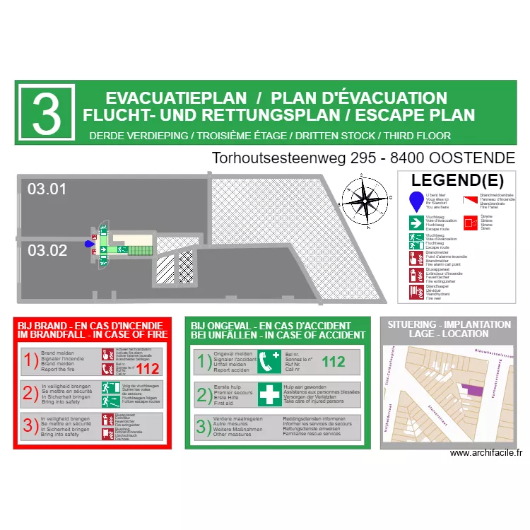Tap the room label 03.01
47,189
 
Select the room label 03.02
47,250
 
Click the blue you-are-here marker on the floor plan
89,244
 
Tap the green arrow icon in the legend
416,223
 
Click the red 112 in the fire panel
148,368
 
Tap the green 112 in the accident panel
333,362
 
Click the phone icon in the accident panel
269,363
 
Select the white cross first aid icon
269,394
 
